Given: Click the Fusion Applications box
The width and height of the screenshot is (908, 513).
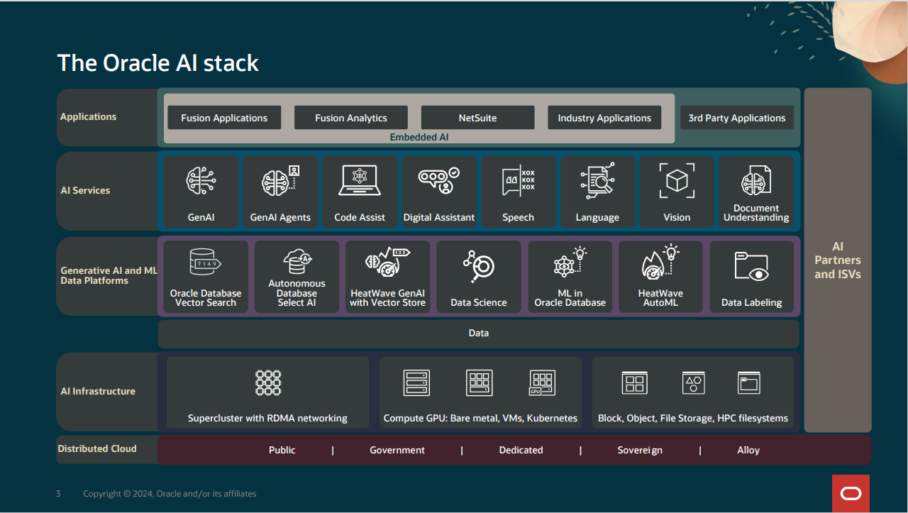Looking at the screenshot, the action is coord(224,118).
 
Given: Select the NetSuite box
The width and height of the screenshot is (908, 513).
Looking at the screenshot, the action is coord(477,118).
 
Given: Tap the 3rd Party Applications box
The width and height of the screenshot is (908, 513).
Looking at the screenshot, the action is coord(736,118).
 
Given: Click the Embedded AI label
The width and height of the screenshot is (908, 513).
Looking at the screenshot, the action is coord(419,137).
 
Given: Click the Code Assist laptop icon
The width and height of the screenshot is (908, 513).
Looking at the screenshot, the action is coord(360,180).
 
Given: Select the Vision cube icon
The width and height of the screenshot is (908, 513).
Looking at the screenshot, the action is coord(677,180).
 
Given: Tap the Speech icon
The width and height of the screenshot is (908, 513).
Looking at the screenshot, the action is coord(519,180).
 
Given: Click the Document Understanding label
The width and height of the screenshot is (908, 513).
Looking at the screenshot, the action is coord(756,213).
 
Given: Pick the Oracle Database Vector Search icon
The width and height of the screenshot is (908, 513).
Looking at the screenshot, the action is coord(206,262).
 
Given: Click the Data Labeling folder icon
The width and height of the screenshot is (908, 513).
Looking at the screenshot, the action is coord(751,266).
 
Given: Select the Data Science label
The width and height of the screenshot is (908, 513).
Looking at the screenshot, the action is coord(479,302).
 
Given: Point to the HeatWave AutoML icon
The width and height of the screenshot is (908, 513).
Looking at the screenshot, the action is coord(660,262).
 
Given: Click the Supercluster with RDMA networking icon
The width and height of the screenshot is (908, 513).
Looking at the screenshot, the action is coord(268,382).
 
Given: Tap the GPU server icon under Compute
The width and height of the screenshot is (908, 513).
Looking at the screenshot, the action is coord(543,382).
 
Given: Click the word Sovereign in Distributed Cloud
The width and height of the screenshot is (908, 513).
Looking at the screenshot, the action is coord(640,450).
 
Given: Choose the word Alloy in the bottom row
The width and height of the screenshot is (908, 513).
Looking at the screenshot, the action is coord(748,450).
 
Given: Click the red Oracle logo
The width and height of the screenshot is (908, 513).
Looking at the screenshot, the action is coord(851,494).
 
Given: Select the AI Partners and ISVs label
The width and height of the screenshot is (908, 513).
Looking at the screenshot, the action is coord(838,260).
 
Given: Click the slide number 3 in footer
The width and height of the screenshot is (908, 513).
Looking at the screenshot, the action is coord(58,494).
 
